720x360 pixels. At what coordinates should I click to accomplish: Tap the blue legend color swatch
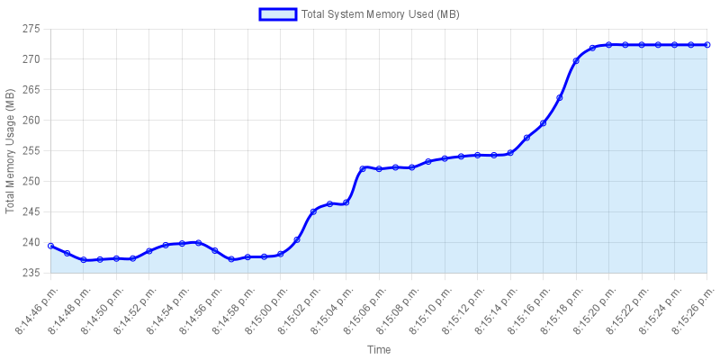277,14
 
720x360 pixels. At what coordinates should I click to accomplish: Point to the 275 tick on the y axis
31,29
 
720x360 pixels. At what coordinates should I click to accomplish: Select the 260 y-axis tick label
31,121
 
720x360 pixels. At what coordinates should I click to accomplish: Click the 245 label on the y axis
31,212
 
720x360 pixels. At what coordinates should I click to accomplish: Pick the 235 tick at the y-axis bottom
31,274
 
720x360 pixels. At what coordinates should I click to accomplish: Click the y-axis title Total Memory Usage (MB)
10,151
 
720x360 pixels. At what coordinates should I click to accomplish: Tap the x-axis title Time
378,349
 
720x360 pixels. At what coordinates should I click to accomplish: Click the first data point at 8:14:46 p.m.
50,246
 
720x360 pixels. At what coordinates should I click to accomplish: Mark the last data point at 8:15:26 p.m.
707,44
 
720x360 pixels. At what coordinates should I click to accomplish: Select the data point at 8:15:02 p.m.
313,211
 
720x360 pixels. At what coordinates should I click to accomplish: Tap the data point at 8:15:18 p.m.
576,61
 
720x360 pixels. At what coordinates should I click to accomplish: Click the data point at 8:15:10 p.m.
445,158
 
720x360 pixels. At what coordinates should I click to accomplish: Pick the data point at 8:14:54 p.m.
182,243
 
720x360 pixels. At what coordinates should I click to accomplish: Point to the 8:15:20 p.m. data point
608,44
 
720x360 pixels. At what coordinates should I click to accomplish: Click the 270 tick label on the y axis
31,59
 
